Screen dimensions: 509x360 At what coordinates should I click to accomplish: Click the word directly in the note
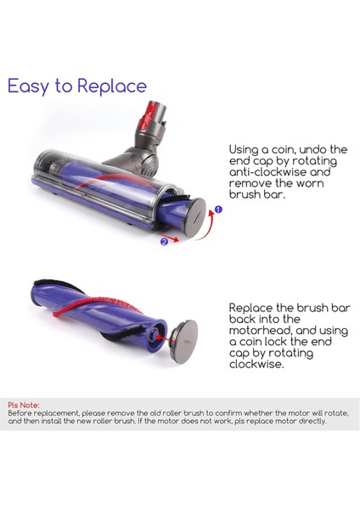[x=310, y=421]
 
